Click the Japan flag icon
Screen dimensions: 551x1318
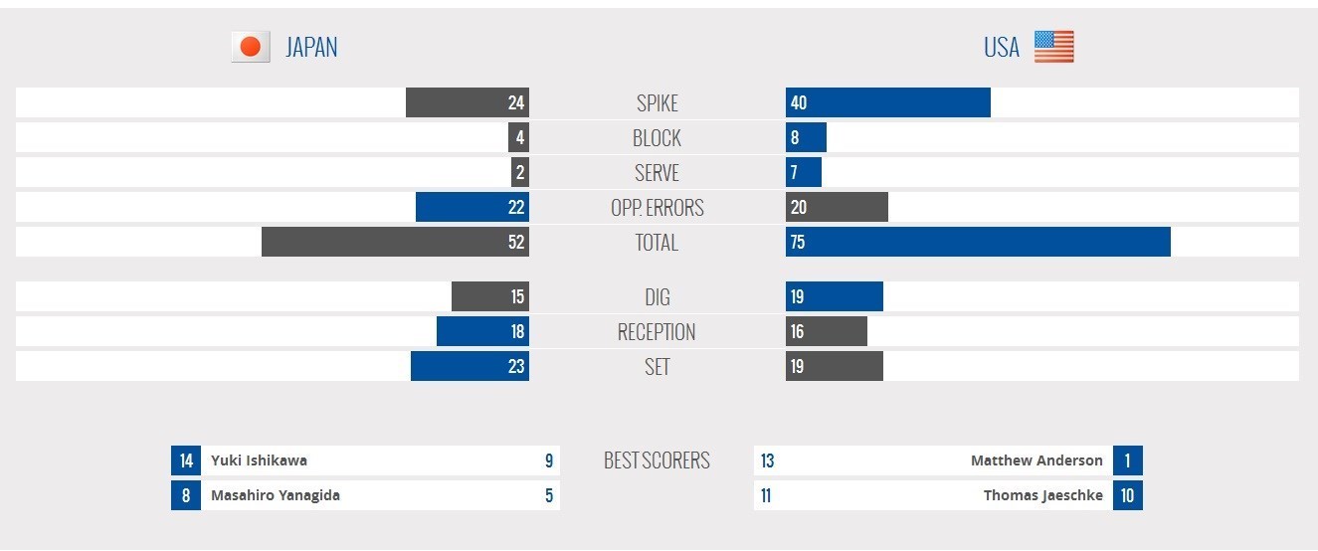point(251,47)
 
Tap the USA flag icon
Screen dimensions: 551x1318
point(1053,47)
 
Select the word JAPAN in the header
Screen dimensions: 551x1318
point(311,47)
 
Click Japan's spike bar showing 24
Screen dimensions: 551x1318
point(467,102)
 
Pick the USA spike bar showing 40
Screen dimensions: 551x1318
point(887,102)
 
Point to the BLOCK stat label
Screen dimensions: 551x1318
point(657,137)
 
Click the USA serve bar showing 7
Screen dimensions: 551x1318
point(803,172)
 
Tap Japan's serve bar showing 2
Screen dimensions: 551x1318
point(519,172)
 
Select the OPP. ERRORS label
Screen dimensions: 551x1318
point(657,207)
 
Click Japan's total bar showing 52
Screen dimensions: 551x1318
point(395,242)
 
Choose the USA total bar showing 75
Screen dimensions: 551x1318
point(977,242)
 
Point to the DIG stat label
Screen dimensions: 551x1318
point(657,296)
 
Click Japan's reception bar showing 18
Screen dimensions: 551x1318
point(482,331)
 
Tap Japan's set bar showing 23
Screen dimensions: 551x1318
point(470,366)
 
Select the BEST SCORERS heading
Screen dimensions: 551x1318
point(657,460)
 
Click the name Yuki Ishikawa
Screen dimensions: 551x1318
point(259,460)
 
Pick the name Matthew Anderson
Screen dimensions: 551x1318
point(1036,460)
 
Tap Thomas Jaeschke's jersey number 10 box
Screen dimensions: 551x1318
point(1127,495)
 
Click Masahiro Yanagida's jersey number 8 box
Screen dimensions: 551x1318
point(185,495)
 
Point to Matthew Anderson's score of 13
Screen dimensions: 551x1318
point(767,460)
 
